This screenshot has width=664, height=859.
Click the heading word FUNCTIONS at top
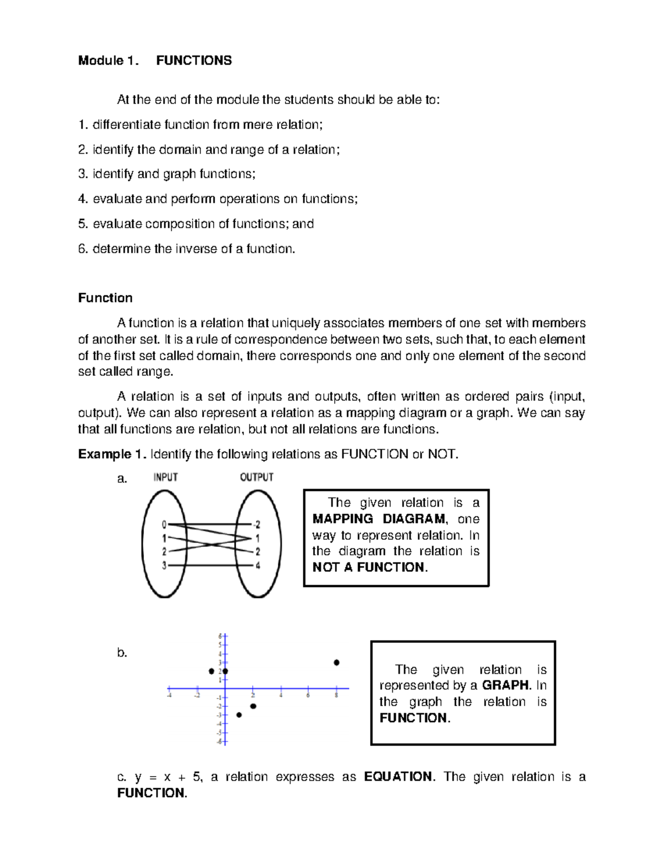click(x=194, y=60)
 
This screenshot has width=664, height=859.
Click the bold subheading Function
click(x=105, y=298)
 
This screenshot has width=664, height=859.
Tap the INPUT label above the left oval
click(x=165, y=477)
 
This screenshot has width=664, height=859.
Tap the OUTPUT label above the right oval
click(x=257, y=477)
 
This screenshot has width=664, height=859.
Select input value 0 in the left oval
click(x=164, y=524)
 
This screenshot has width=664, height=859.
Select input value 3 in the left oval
click(x=164, y=565)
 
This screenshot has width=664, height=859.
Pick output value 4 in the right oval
click(x=257, y=565)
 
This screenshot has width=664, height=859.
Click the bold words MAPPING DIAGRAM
click(x=379, y=519)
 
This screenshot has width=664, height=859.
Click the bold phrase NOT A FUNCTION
click(x=369, y=567)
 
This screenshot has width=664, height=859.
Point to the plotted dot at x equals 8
click(x=336, y=662)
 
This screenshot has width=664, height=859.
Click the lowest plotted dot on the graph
click(x=239, y=715)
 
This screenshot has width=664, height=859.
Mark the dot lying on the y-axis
click(x=225, y=671)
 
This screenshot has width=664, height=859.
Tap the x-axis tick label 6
click(x=308, y=696)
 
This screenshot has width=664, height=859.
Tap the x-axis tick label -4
click(x=169, y=696)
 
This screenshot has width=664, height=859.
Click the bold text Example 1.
click(x=112, y=455)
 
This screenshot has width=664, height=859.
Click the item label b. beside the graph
click(x=122, y=653)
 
